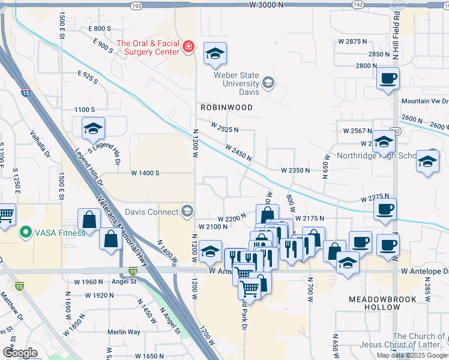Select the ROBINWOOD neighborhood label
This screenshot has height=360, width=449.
coord(226,107)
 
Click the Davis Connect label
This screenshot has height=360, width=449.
coord(151,211)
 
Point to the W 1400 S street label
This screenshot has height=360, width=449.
coord(145,173)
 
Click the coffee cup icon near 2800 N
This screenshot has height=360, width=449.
coord(388,78)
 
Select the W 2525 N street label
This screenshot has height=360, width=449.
coord(224,128)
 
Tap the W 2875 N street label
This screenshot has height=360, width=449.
coord(352,41)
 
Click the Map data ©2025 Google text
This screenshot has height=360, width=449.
coord(412,355)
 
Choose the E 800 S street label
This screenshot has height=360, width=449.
coord(100,28)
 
